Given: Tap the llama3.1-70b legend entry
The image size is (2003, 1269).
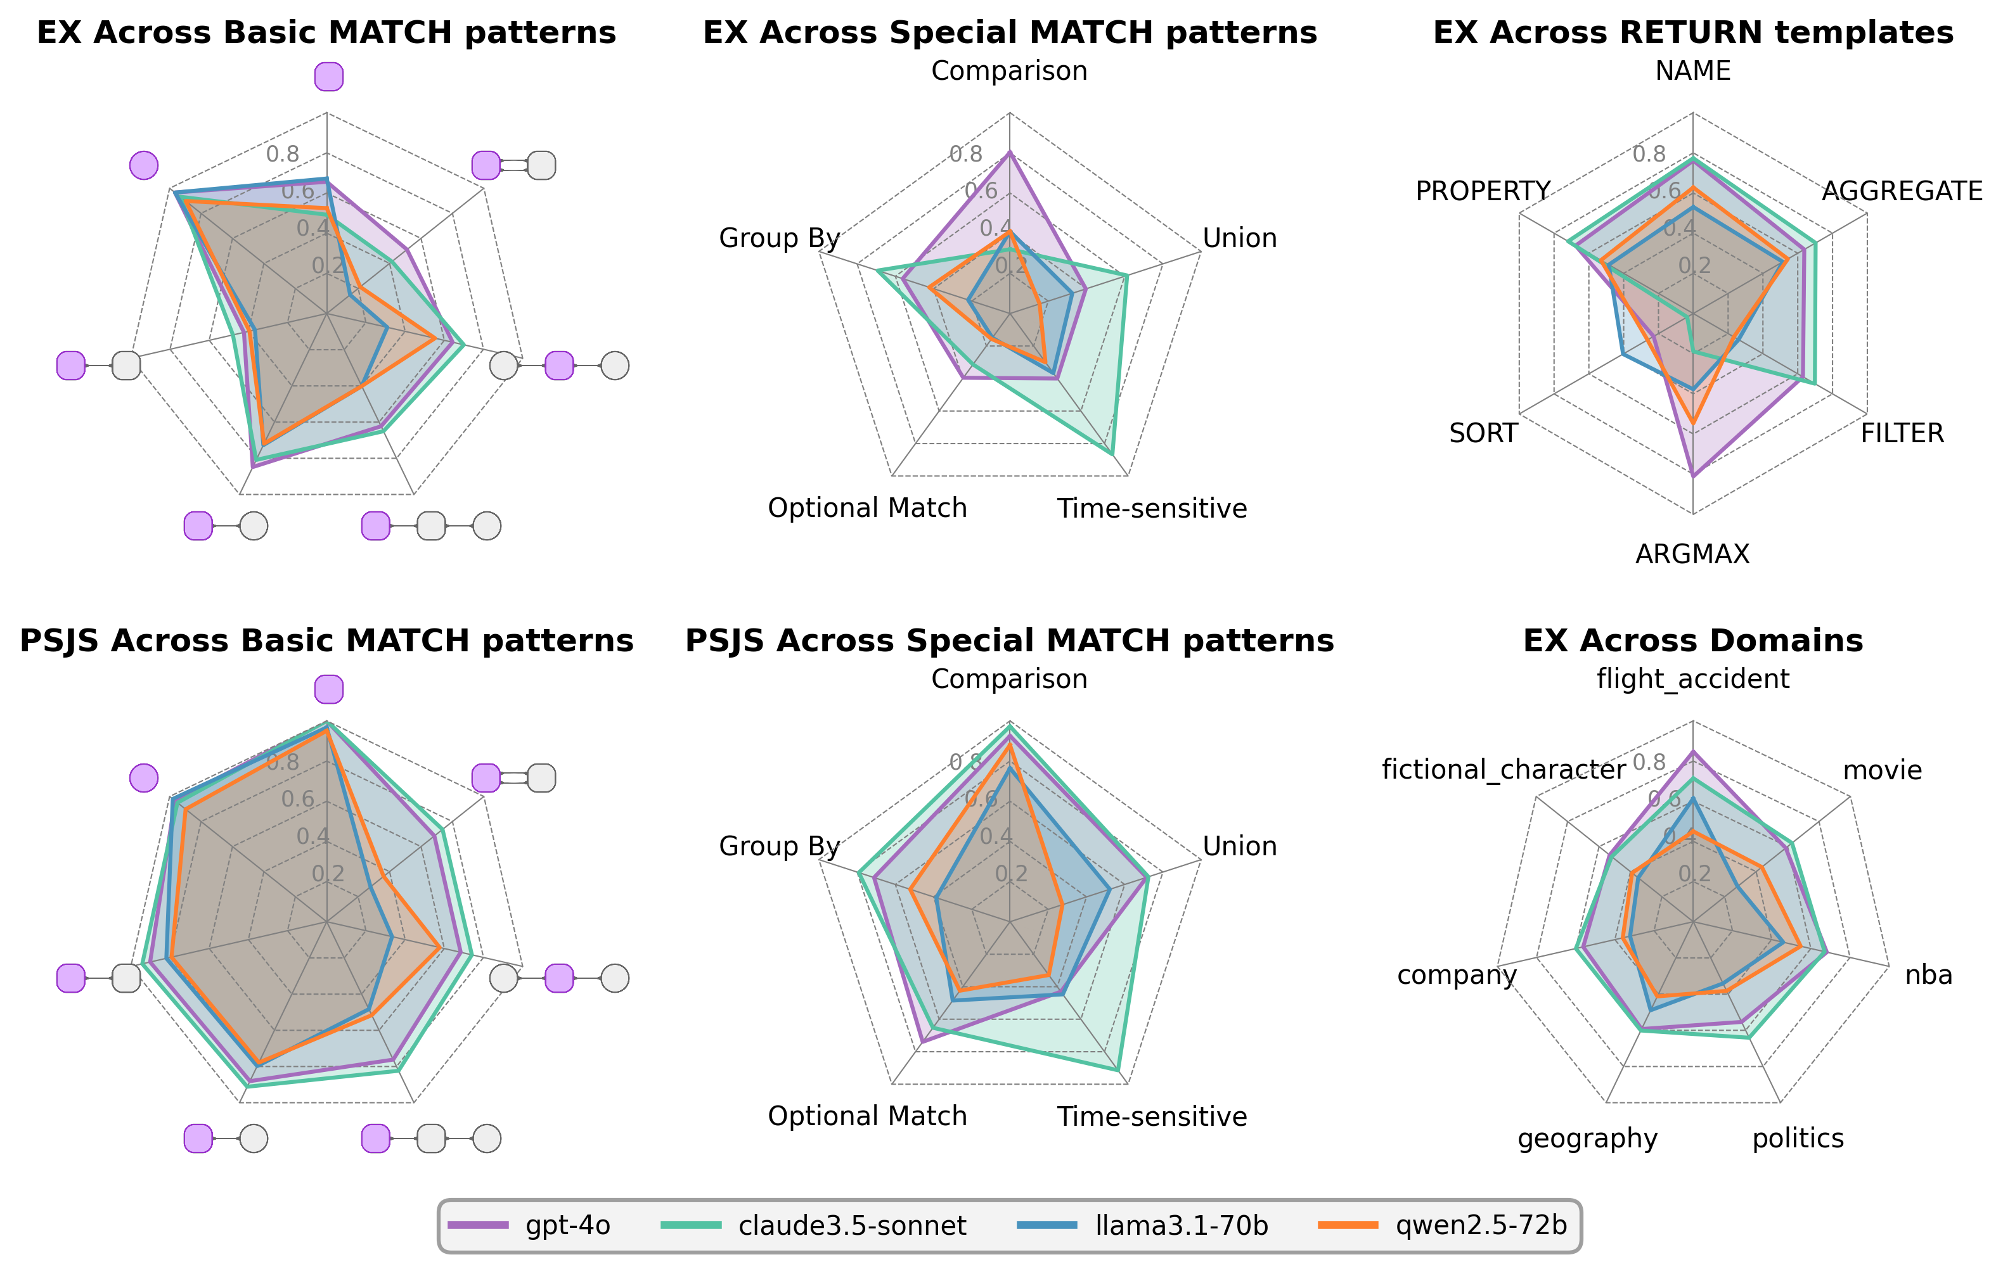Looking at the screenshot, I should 1181,1225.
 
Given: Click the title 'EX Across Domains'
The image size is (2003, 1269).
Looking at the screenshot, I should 1693,641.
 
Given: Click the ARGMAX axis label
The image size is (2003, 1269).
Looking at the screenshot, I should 1693,554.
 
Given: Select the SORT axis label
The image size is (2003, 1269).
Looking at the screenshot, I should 1483,433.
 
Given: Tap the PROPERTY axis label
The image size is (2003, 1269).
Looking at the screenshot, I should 1483,191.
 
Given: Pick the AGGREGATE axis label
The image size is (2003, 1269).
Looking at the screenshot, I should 1902,191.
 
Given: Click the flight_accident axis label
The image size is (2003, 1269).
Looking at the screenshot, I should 1693,679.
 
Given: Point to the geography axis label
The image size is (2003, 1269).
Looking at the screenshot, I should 1587,1138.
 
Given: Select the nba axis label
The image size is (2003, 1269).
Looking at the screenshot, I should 1928,974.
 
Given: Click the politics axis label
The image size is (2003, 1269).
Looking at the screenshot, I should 1798,1138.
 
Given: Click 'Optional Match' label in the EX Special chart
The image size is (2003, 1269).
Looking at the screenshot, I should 868,508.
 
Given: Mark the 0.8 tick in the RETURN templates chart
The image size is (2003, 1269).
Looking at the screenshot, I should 1649,154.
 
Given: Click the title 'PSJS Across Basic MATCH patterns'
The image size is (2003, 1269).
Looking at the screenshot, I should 326,641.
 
